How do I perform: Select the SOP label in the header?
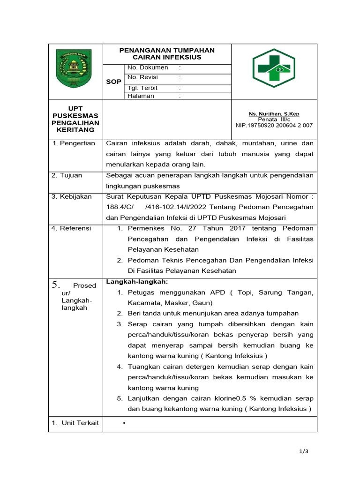(113, 82)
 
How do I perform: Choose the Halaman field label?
(141, 96)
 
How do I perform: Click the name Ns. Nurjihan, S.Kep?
(274, 114)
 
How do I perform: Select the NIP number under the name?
(274, 126)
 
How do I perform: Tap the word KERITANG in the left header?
(75, 130)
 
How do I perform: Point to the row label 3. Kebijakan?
(72, 196)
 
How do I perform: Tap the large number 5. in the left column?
(56, 285)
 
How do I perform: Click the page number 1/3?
(304, 451)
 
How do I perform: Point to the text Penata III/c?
(274, 120)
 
